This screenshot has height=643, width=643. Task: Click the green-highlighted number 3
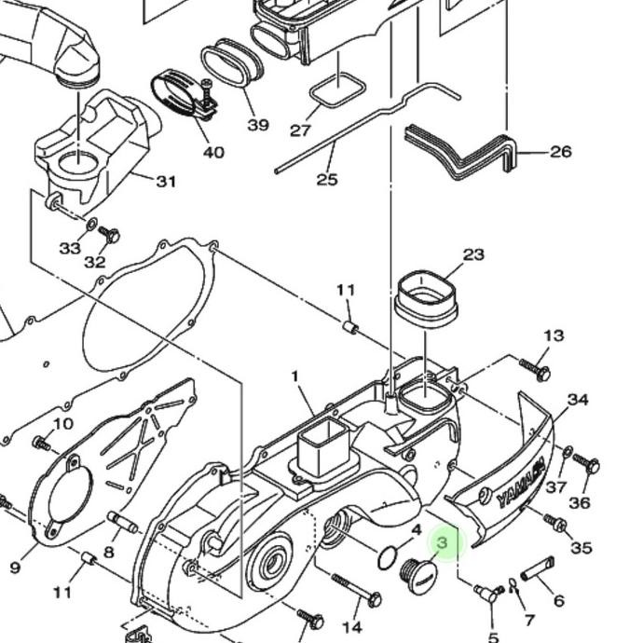point(443,542)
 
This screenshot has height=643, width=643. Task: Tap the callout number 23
point(473,254)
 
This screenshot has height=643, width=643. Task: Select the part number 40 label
point(212,152)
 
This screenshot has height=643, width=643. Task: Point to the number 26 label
point(560,151)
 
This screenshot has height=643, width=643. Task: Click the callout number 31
point(165,181)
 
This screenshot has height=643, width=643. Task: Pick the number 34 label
point(578,400)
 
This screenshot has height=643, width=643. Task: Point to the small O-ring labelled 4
point(387,557)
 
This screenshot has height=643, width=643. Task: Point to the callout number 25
point(326,179)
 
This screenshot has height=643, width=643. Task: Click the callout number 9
point(15,567)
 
